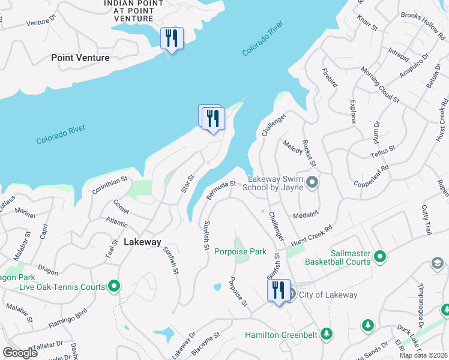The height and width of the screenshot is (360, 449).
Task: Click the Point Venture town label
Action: [80, 58]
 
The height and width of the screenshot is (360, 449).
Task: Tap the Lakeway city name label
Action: [142, 242]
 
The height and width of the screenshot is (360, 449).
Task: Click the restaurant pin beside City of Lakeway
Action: [278, 292]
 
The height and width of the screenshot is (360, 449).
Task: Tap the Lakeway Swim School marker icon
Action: [312, 182]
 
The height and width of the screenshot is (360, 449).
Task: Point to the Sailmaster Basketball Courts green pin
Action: [379, 257]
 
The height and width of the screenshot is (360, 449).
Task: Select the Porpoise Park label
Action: [240, 252]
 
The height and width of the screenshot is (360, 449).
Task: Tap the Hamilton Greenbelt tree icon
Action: [326, 334]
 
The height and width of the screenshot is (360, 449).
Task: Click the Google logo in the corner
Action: [20, 353]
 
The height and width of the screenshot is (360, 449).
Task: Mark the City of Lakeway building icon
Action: [291, 294]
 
